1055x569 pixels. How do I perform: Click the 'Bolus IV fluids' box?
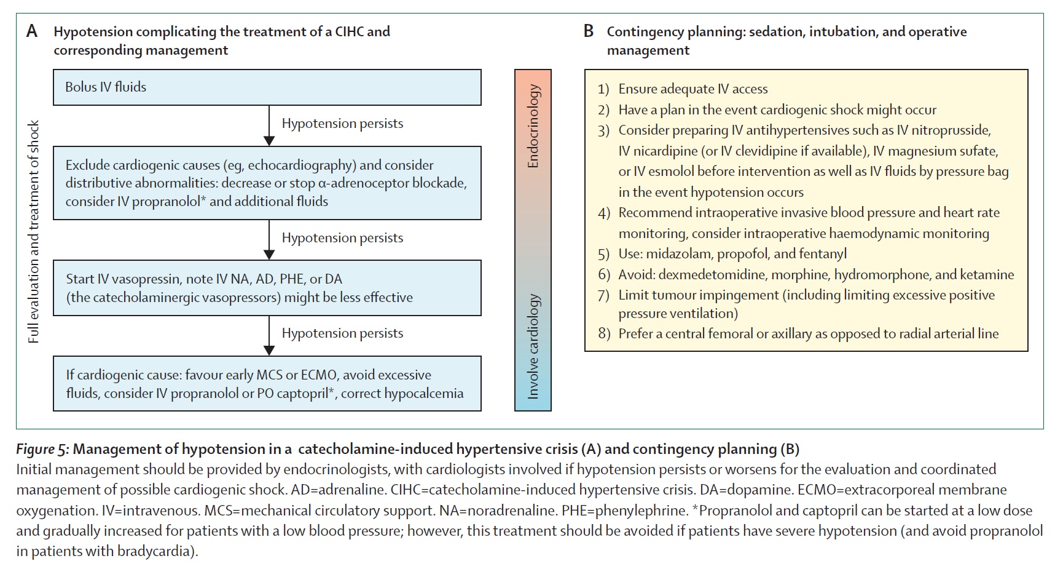tap(267, 87)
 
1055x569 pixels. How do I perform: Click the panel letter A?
tap(32, 31)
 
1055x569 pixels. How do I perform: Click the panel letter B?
tap(589, 31)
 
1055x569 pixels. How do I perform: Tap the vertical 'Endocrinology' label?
tap(533, 126)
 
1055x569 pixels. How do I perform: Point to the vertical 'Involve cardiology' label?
tap(533, 346)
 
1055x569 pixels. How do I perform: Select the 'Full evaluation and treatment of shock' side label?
tap(33, 231)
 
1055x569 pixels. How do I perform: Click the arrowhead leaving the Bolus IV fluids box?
tap(269, 140)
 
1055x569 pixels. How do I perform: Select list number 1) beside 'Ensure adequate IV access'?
tap(603, 89)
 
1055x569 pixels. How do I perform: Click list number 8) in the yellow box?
tap(604, 334)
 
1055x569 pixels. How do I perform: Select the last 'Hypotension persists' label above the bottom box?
tap(342, 333)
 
